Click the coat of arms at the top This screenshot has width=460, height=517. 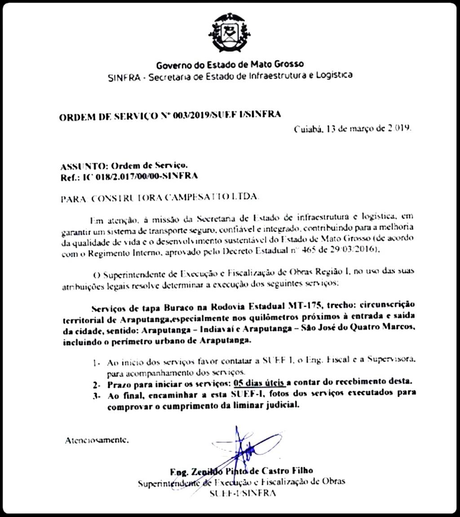[x=229, y=32]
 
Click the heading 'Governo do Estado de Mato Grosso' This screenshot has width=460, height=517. [x=230, y=65]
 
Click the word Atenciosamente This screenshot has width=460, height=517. [x=97, y=440]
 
